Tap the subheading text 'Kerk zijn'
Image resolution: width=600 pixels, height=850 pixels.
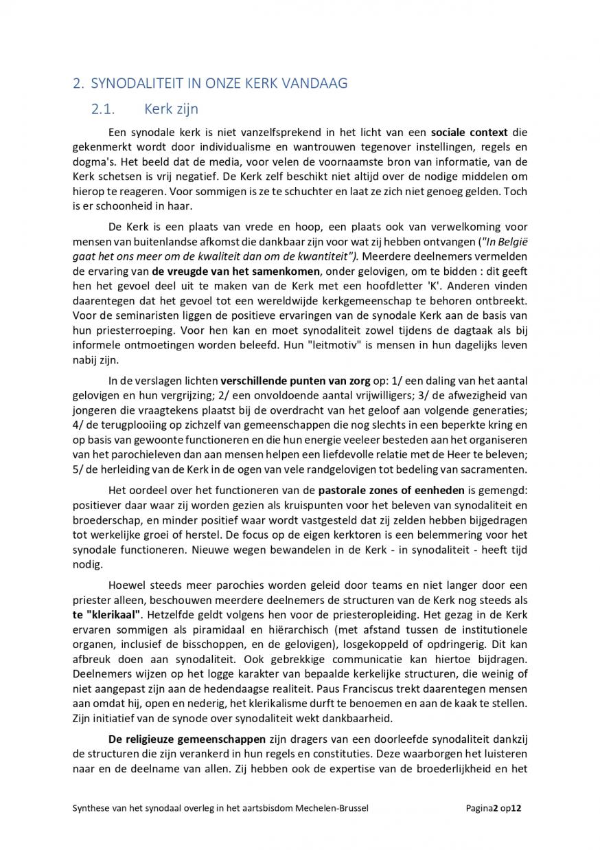pos(171,109)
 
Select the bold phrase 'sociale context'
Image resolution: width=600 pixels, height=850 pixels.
pos(470,132)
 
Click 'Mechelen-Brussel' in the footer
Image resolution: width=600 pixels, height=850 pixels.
pos(334,809)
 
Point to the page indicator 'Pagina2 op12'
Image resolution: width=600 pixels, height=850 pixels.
pos(493,809)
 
